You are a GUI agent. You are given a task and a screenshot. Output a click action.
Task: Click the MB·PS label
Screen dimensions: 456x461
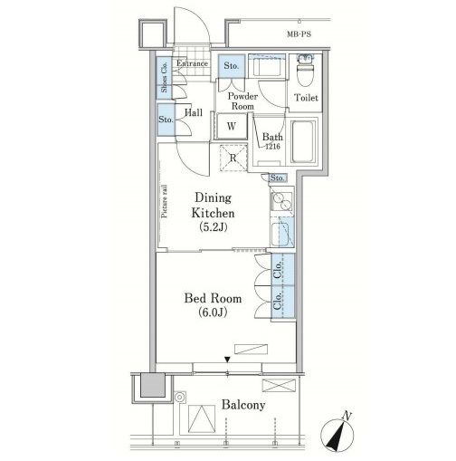[299, 34]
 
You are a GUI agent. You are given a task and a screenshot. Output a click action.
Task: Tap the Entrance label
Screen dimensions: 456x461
[192, 63]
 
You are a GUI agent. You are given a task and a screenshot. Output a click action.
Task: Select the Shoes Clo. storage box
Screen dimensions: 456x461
[165, 78]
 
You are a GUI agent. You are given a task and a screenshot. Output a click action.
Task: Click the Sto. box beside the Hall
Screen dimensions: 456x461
[166, 120]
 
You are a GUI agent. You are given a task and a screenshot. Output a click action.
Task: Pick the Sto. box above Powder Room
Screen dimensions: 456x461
[232, 66]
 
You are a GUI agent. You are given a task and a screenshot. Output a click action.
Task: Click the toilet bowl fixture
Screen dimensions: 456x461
[305, 71]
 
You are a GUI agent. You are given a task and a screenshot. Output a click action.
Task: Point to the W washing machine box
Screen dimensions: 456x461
[232, 126]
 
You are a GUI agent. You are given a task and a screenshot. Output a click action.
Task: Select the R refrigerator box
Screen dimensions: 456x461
[233, 158]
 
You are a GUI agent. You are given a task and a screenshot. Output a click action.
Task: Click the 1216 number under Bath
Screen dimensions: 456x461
[272, 147]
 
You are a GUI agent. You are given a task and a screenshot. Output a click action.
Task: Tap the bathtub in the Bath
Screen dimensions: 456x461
[303, 141]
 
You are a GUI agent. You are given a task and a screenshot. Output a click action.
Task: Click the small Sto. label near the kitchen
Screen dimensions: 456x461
[277, 178]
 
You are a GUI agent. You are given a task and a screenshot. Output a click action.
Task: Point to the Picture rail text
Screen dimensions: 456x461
[165, 201]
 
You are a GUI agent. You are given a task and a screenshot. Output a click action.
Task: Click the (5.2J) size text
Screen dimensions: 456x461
[214, 226]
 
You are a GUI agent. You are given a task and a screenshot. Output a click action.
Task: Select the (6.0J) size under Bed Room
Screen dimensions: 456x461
[213, 312]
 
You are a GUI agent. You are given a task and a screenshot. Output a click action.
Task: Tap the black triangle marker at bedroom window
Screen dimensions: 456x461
[227, 360]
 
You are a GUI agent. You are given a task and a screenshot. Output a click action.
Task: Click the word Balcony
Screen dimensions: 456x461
[243, 405]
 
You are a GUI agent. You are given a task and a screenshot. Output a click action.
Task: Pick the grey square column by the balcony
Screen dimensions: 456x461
[153, 385]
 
